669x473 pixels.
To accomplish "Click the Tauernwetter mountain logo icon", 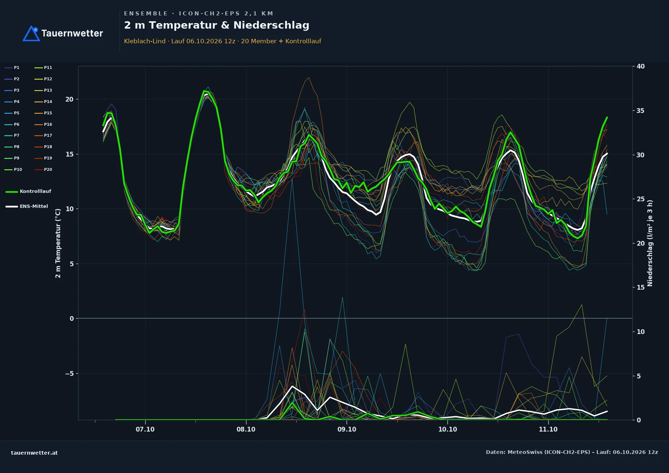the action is click(31, 33).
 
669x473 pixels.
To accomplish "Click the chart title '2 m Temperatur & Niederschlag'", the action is click(217, 25).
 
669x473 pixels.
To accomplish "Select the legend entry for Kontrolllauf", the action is click(28, 191).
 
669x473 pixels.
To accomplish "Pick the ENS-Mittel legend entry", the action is click(27, 206).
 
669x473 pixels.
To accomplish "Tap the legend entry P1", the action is click(12, 67).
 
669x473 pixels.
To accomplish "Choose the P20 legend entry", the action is click(43, 169).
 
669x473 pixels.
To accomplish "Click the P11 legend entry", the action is click(43, 67).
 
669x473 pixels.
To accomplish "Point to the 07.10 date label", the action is click(145, 429).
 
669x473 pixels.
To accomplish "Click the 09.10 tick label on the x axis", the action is click(347, 429).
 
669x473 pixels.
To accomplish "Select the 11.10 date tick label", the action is click(548, 429).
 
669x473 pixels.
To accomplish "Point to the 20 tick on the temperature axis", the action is click(69, 99).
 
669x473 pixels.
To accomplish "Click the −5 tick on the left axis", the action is click(69, 374).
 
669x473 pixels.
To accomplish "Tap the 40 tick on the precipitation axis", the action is click(640, 66).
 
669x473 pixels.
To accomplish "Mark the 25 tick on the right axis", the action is click(640, 199).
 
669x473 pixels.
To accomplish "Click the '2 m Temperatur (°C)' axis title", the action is click(58, 243).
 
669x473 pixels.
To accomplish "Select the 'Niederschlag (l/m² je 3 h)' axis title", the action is click(650, 243).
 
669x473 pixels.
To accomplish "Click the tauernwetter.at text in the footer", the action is click(34, 453).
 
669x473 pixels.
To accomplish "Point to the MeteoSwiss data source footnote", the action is click(572, 452).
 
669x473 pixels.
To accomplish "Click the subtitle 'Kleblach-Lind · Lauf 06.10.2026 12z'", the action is click(180, 41).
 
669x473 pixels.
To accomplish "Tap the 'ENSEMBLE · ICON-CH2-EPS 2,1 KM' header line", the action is click(198, 14).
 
